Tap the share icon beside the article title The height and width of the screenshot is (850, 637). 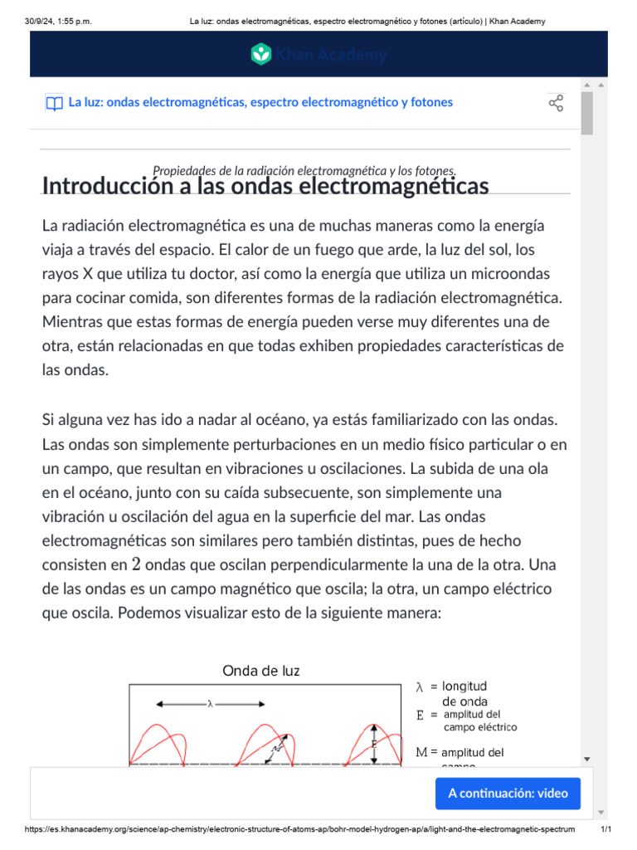point(556,103)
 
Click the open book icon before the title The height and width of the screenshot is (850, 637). point(54,103)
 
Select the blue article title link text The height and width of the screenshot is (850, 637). point(260,102)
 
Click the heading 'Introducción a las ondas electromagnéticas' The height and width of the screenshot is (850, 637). point(265,186)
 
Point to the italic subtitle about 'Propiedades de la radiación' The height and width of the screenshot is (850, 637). point(304,169)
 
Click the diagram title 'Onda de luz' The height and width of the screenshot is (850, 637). point(261,671)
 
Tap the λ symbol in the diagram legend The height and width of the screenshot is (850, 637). point(420,687)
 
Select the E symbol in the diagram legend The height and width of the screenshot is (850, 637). point(420,715)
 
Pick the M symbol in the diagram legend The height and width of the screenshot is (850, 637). point(421,752)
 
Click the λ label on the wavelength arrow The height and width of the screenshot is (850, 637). point(210,704)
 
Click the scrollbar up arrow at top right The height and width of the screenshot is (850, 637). point(587,85)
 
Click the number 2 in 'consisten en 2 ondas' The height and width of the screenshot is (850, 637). point(136,565)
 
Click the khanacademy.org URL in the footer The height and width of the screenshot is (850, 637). point(299,829)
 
